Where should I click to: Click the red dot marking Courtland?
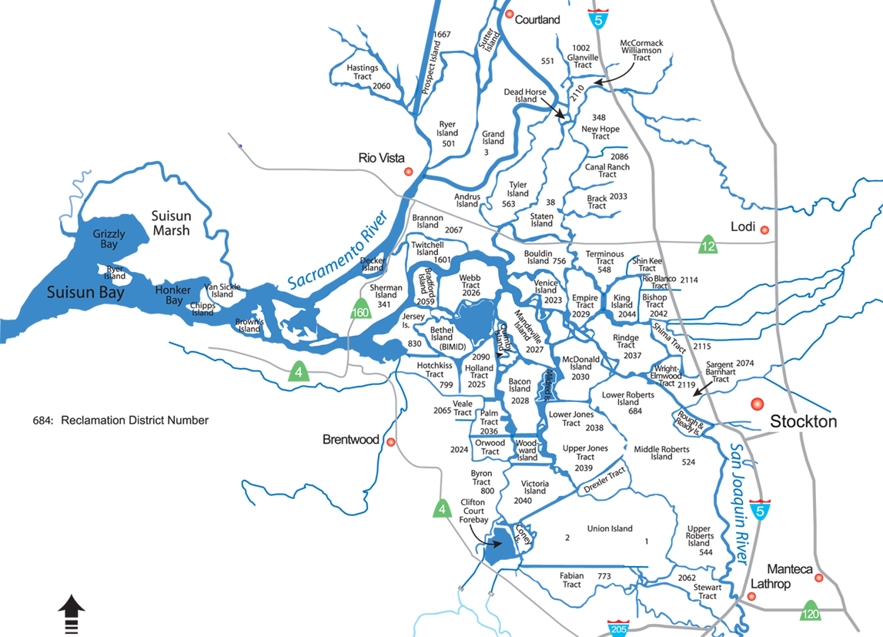click(510, 15)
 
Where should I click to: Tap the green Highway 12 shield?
click(708, 246)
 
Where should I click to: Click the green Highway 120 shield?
click(810, 612)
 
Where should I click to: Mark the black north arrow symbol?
click(72, 614)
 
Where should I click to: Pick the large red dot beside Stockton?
click(757, 404)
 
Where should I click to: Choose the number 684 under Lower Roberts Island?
click(635, 411)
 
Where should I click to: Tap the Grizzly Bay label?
click(109, 239)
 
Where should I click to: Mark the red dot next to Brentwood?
click(391, 442)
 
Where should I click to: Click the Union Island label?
click(610, 528)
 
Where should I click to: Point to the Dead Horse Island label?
click(525, 96)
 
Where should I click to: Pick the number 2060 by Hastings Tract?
click(381, 85)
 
